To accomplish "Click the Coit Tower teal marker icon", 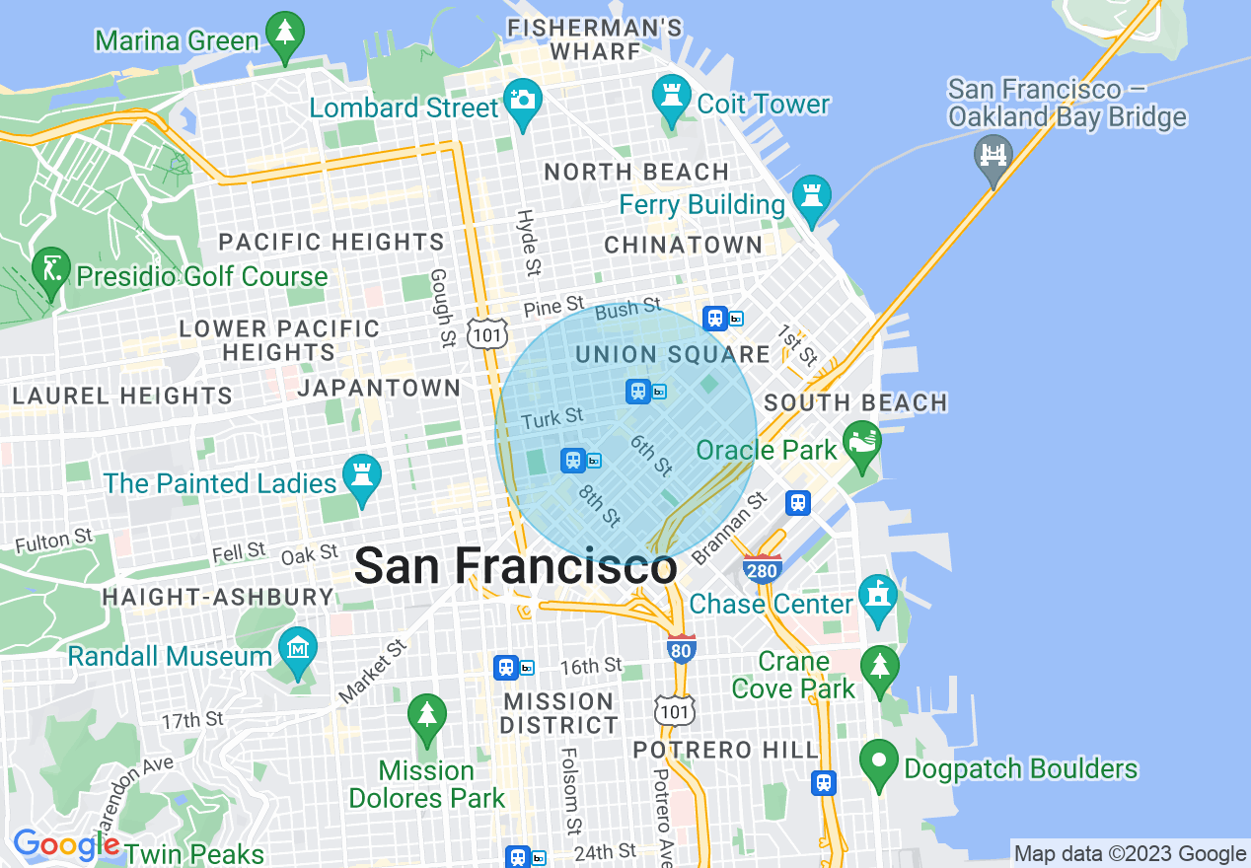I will tap(672, 97).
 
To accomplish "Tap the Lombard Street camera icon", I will tap(522, 100).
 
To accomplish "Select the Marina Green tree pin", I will tap(285, 34).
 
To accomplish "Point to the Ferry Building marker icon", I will tap(811, 198).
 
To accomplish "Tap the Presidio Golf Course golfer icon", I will tap(50, 269).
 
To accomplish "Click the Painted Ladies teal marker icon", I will tap(361, 477).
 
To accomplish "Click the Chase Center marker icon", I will tap(876, 597).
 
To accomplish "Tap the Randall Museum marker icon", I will tap(297, 649).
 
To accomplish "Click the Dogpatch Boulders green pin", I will tap(878, 762).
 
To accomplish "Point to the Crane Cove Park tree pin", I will tap(879, 668).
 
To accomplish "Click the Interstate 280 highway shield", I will tap(764, 569).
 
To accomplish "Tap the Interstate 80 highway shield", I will tap(681, 648).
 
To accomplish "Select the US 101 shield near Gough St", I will tap(488, 332).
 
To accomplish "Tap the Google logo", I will tap(65, 844).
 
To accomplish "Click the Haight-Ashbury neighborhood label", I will tap(218, 597).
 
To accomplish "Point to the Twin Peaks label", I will tap(194, 853).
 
